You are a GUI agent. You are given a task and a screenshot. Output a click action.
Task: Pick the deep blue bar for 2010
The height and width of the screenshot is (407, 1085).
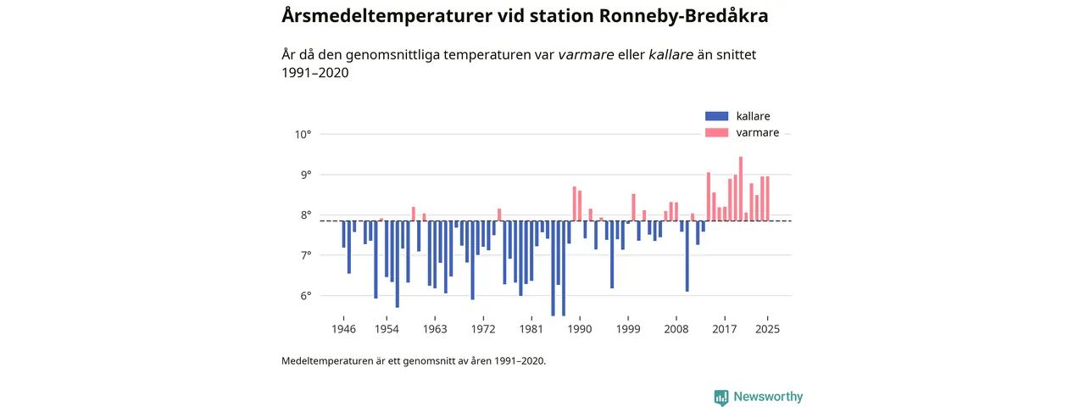click(x=687, y=255)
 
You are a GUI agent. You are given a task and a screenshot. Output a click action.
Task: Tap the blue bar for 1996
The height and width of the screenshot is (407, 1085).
click(x=611, y=254)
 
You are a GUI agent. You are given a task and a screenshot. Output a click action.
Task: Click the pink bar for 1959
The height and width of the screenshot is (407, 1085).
click(x=414, y=214)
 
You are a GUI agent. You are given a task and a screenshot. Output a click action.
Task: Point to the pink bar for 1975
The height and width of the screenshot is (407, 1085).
click(x=499, y=215)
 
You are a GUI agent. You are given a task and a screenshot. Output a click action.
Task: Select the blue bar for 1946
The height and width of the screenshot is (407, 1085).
click(x=343, y=234)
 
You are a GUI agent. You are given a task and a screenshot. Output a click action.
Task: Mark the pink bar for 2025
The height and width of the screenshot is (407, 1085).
click(x=768, y=198)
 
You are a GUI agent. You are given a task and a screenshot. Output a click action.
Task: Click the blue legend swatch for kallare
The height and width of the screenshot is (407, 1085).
click(x=716, y=116)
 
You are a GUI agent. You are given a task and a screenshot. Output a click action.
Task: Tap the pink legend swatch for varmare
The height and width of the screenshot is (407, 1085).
click(x=716, y=133)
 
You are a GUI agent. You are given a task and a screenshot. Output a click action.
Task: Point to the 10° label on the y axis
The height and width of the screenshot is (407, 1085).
click(x=303, y=134)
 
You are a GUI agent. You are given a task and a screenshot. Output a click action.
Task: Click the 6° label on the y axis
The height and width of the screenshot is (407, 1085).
click(x=303, y=296)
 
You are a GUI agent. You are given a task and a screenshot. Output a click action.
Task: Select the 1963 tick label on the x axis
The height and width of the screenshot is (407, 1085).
click(x=435, y=329)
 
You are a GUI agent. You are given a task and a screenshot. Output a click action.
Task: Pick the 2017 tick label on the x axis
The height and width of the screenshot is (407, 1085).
click(x=724, y=329)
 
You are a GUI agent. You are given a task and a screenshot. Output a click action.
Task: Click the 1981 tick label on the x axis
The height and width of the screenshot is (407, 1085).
click(x=531, y=329)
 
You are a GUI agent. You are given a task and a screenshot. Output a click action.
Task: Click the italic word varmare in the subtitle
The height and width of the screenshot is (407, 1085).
click(x=586, y=55)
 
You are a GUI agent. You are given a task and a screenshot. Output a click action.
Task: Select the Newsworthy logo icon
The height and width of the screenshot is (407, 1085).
click(x=721, y=397)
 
